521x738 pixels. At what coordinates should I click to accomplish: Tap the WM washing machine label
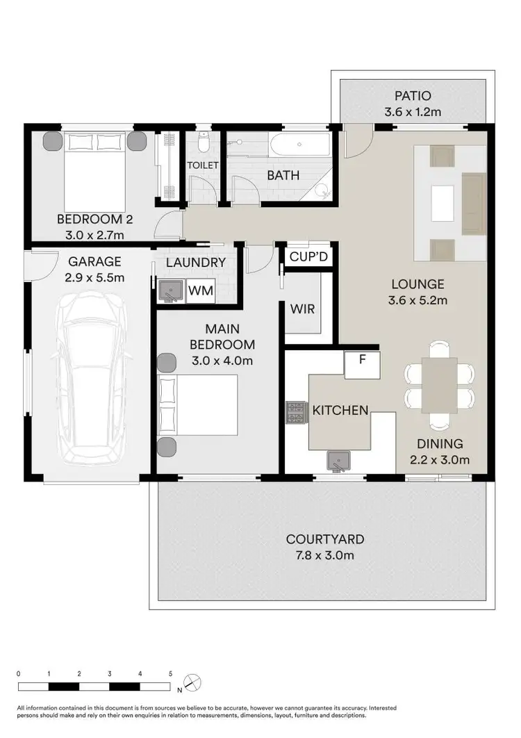tap(201, 290)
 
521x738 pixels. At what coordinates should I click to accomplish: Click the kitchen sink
tap(338, 460)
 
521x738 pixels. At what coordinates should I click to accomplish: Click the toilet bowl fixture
tap(202, 142)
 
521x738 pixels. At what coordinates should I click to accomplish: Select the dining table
tap(439, 385)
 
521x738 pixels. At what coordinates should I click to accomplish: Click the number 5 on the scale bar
tap(171, 673)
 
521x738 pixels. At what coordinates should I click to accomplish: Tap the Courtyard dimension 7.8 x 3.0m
tap(325, 555)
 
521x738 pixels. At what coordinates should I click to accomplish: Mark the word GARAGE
tap(94, 262)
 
